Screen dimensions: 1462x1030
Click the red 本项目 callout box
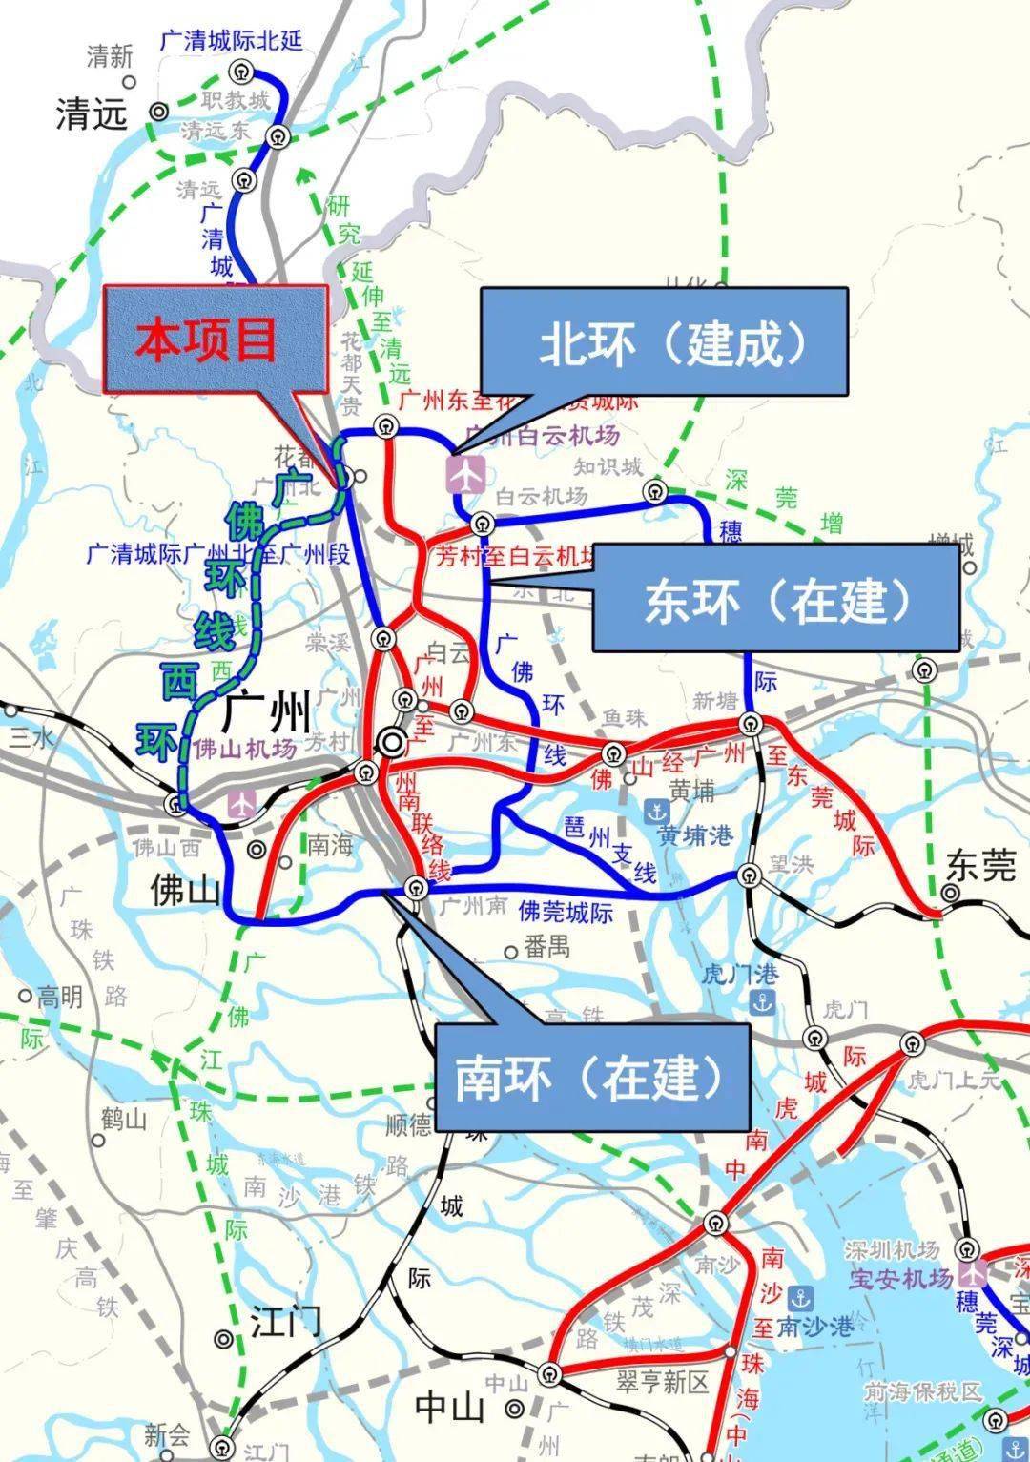(216, 339)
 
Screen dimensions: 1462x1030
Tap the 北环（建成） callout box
(665, 342)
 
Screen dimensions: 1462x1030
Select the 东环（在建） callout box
(775, 599)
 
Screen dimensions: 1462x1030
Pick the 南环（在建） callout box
(591, 1077)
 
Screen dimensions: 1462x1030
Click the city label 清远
(92, 114)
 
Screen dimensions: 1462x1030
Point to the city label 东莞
(981, 864)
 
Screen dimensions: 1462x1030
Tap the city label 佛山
(186, 890)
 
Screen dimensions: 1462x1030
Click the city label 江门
(285, 1323)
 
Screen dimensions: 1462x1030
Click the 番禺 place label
(548, 947)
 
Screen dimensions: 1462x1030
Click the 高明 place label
(59, 997)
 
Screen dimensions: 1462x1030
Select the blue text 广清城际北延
(232, 40)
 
